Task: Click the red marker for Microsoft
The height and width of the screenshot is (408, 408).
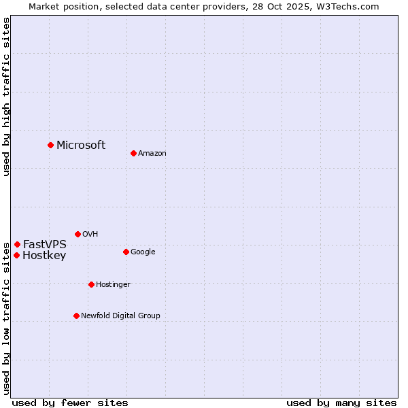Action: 50,145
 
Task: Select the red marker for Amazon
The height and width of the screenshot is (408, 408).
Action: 133,153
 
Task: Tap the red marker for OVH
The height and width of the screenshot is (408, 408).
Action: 78,234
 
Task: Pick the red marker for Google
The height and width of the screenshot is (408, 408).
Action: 126,252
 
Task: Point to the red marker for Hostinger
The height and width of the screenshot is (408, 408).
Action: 91,284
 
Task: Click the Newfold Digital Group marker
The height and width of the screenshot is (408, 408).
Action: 76,316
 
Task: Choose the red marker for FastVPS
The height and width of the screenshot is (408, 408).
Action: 17,244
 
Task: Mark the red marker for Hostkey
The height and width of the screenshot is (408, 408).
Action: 16,255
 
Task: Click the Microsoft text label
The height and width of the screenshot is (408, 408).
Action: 81,145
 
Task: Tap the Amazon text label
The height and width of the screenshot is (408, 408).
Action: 152,153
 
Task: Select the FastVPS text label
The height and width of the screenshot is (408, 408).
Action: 45,244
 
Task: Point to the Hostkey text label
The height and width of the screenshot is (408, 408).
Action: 44,256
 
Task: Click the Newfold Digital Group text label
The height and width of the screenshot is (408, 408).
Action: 120,316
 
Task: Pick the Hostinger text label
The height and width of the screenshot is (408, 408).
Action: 113,284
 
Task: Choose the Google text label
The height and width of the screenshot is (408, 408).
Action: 143,252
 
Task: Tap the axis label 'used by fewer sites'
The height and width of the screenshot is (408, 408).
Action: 70,403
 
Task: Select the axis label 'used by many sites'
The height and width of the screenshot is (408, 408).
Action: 341,403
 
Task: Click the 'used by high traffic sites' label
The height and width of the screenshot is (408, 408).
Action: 6,97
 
